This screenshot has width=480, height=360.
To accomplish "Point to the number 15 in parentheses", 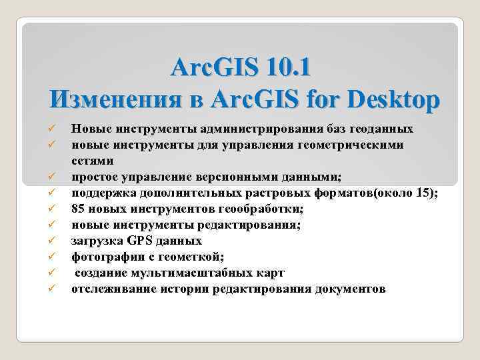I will point(427,193).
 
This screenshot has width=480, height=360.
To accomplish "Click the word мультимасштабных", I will point(191,273).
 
